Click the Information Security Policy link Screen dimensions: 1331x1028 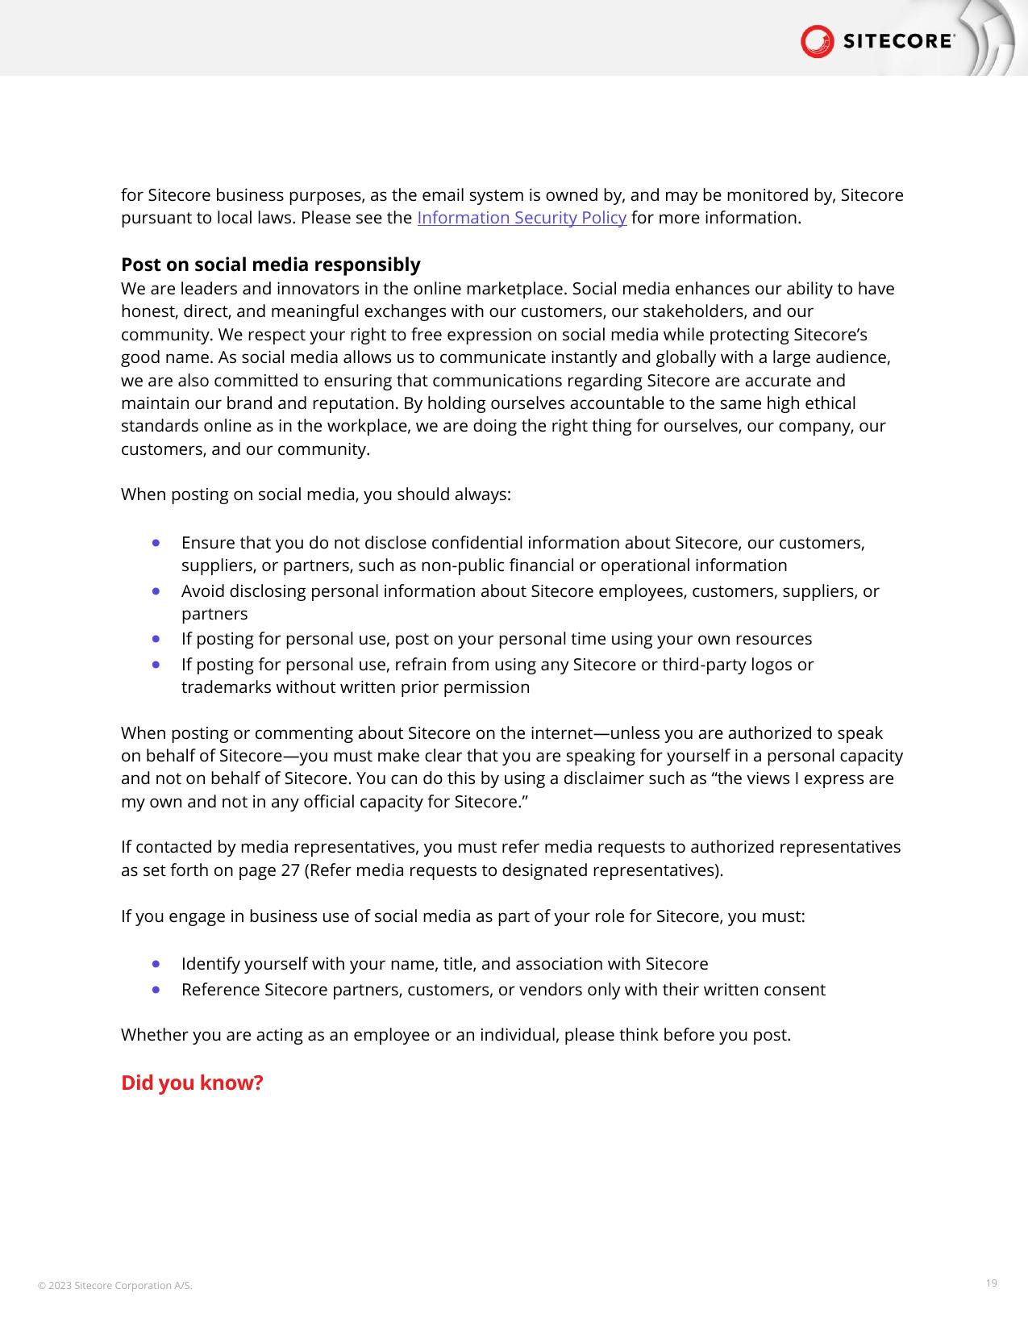521,218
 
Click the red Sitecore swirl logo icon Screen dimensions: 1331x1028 817,41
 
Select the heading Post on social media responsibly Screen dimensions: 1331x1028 270,265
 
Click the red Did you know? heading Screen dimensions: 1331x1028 192,1083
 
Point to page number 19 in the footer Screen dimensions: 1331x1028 991,1283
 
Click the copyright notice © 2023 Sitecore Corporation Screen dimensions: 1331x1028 115,1285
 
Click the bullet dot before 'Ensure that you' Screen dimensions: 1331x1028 156,543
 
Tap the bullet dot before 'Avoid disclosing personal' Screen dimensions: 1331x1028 156,591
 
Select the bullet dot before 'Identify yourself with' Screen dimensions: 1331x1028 156,964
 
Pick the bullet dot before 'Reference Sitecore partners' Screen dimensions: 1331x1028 156,990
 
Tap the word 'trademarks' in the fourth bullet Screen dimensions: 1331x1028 226,687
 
